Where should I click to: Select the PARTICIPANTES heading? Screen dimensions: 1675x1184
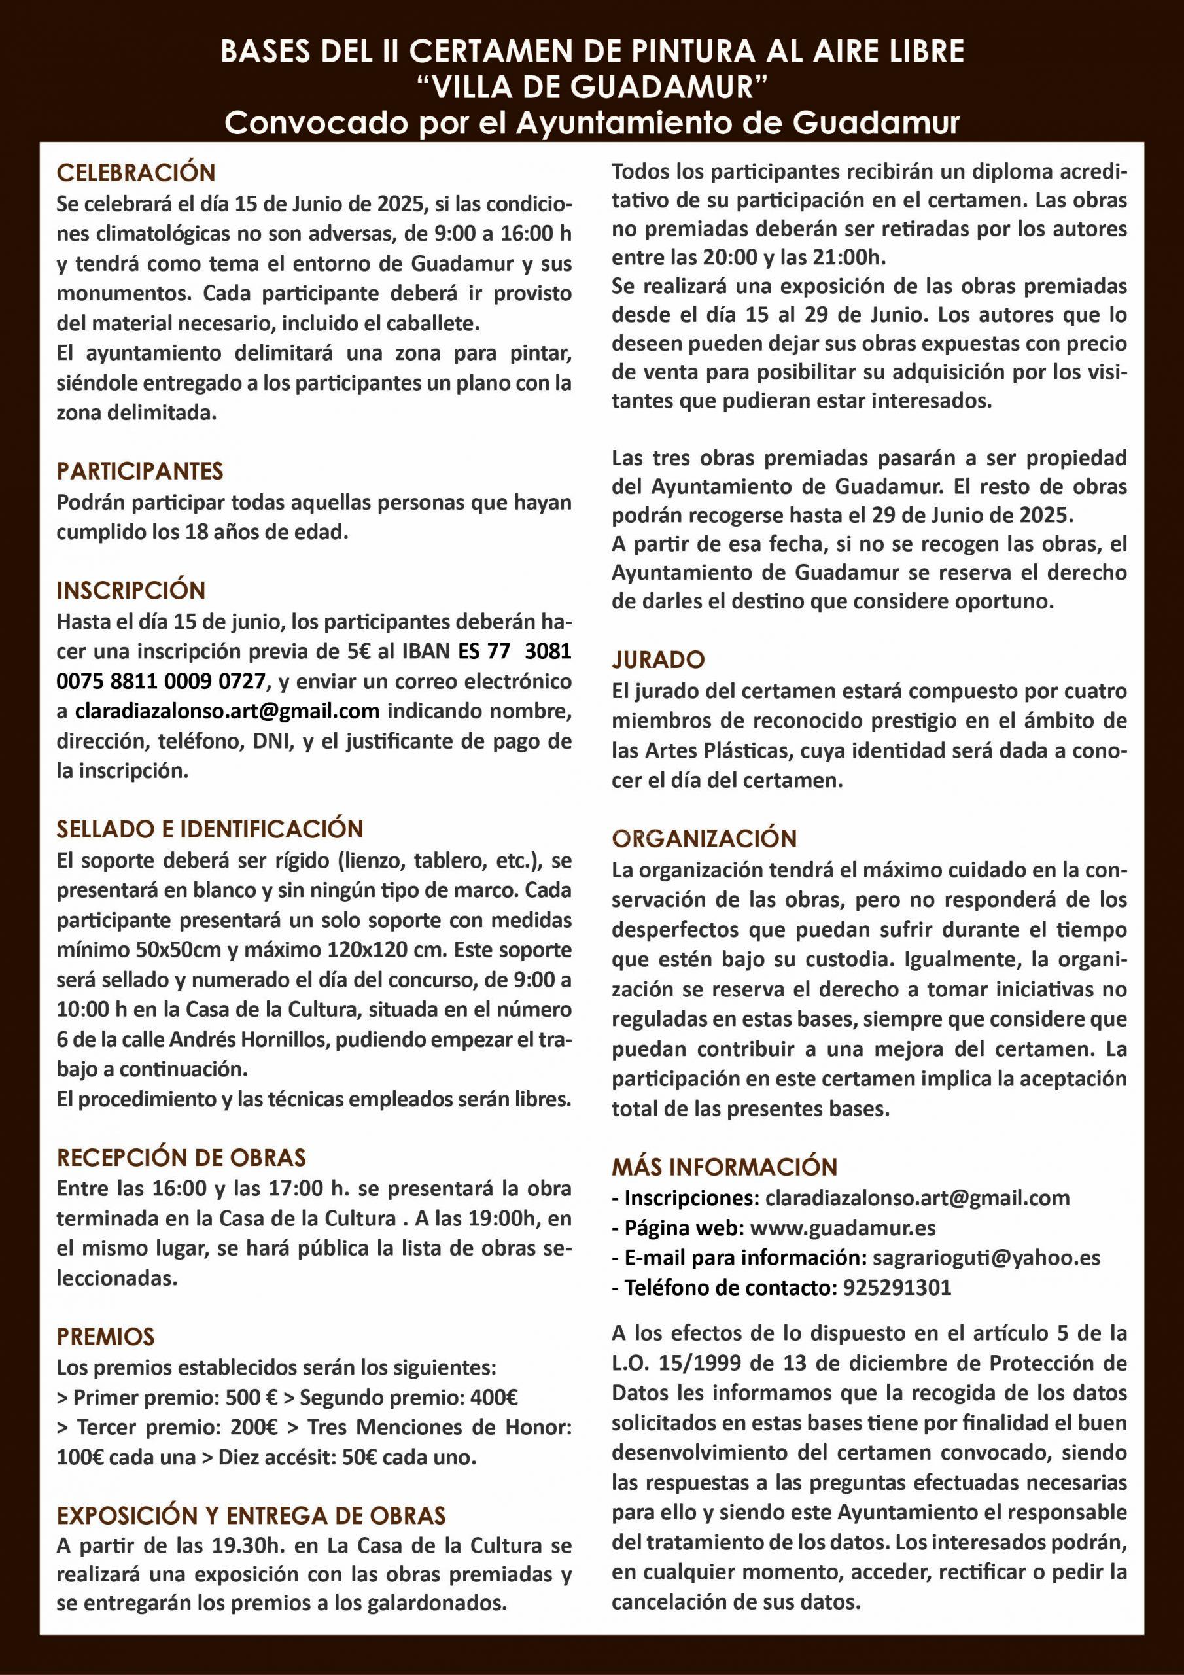pos(140,471)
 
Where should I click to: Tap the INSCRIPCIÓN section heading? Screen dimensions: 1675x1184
pos(131,590)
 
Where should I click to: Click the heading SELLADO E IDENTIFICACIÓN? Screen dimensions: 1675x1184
pos(210,830)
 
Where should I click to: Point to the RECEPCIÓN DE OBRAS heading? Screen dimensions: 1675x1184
pos(182,1157)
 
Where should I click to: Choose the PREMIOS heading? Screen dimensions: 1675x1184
pos(106,1337)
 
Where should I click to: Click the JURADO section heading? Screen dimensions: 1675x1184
pos(658,660)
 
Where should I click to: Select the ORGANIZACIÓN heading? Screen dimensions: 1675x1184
pos(704,839)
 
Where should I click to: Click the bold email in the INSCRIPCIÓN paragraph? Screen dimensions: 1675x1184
pos(227,711)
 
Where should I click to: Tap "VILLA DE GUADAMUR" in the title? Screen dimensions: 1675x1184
pos(591,88)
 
